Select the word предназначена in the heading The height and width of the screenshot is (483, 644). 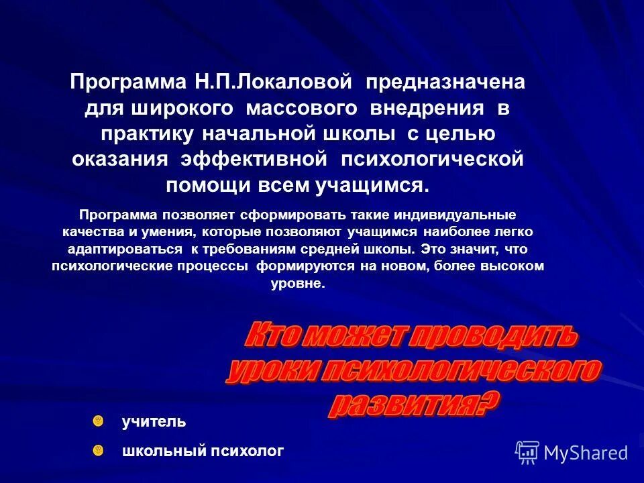click(x=445, y=83)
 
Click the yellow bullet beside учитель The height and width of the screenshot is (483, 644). click(x=99, y=421)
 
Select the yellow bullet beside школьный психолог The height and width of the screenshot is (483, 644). click(x=99, y=449)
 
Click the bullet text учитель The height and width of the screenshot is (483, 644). click(x=154, y=422)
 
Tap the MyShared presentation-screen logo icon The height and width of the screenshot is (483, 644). click(x=527, y=452)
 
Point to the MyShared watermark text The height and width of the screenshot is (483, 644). click(x=586, y=453)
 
